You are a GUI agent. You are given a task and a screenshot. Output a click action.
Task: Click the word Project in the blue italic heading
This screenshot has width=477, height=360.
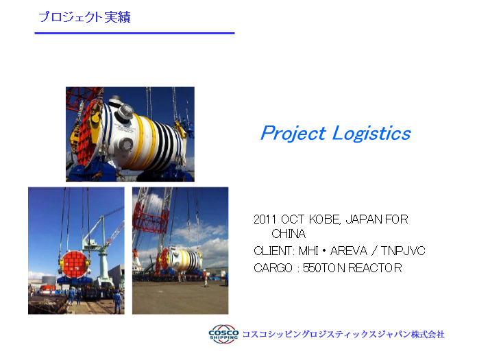click(x=293, y=133)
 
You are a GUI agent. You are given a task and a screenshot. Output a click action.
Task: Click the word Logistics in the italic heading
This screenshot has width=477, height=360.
click(x=371, y=133)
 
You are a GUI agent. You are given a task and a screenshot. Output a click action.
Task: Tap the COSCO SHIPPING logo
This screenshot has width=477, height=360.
click(x=223, y=334)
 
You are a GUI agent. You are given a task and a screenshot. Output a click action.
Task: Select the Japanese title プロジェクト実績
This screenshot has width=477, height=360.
click(x=84, y=17)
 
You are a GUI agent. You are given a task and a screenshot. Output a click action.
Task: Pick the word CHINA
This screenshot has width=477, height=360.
click(x=289, y=234)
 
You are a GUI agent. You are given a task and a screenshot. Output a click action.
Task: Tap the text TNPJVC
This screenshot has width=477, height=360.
click(x=403, y=251)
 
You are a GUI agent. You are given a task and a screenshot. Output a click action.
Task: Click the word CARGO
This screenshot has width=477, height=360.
click(x=273, y=268)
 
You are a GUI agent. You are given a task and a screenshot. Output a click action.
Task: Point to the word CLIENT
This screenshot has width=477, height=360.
click(x=273, y=251)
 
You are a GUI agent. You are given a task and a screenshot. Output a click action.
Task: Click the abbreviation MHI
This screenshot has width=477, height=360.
click(x=308, y=251)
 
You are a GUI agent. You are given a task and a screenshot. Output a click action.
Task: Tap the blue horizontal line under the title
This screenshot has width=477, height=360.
click(x=135, y=33)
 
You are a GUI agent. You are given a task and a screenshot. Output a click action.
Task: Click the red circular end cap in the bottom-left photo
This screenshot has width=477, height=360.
click(x=74, y=264)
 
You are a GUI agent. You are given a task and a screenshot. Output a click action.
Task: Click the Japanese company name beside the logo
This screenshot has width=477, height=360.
click(x=343, y=334)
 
